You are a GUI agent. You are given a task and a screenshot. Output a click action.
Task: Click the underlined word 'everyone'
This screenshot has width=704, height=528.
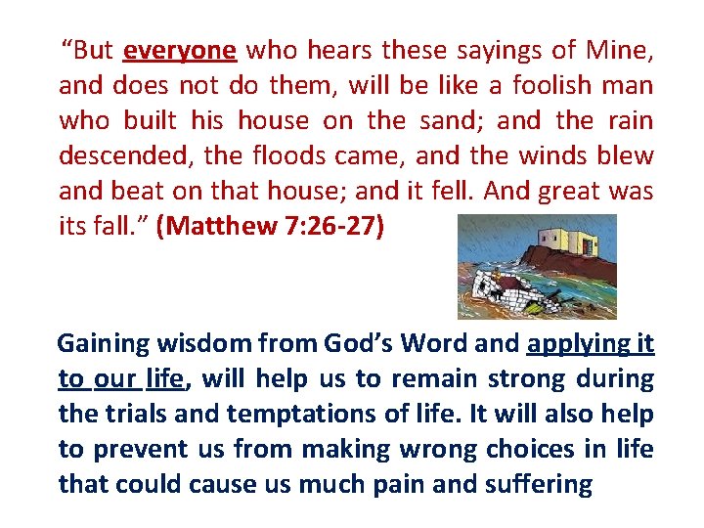180,50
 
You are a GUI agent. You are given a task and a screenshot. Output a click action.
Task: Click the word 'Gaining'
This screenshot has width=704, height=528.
103,343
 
